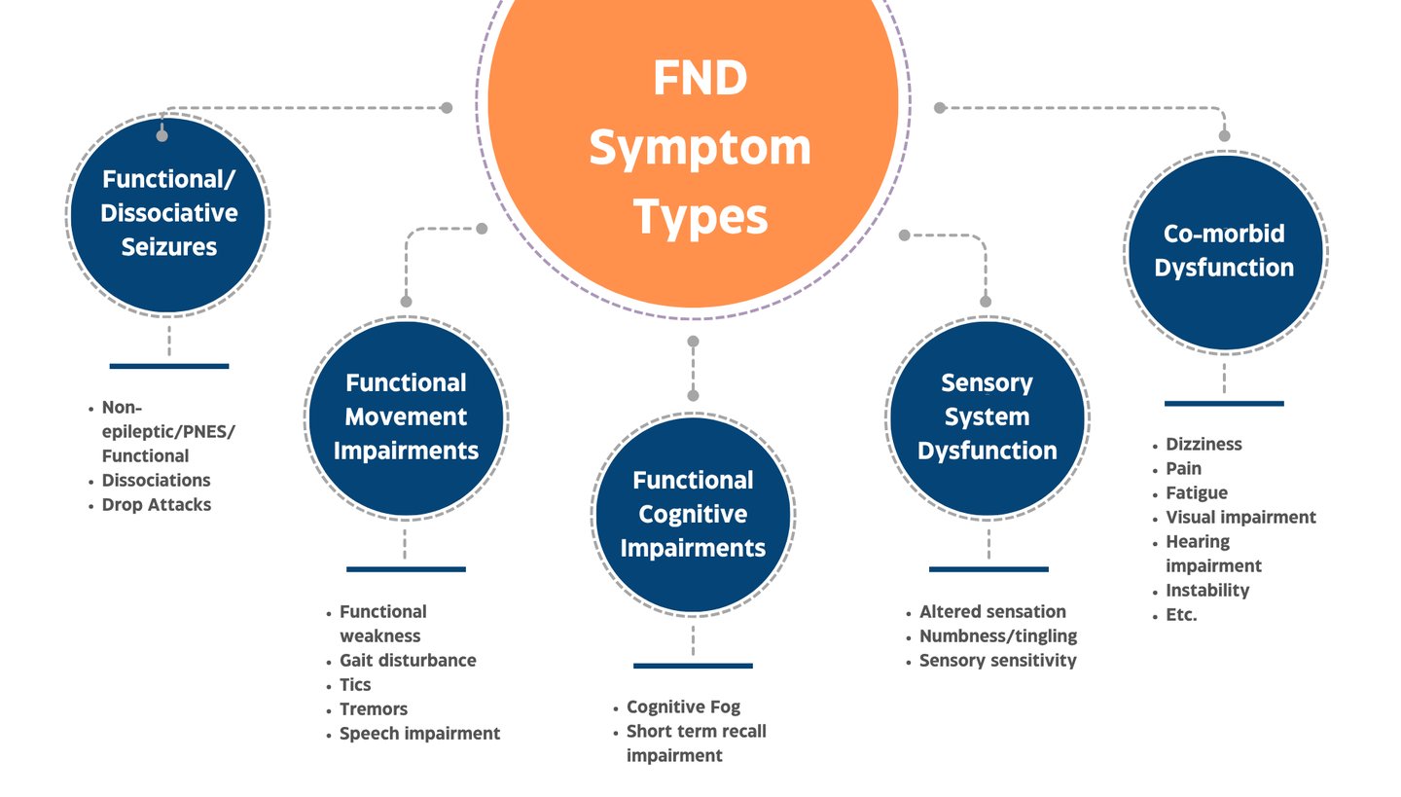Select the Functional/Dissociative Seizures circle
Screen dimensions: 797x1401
(x=168, y=213)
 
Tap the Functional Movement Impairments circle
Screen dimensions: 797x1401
(x=406, y=417)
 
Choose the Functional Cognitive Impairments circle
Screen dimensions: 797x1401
(x=693, y=514)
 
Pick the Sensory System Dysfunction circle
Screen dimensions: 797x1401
(x=988, y=417)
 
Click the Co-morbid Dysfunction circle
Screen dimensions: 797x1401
(x=1224, y=251)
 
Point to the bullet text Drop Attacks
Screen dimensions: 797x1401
(x=156, y=504)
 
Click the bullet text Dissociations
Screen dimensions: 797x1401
(x=156, y=480)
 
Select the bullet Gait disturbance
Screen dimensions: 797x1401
(x=408, y=660)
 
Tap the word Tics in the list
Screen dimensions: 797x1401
(x=355, y=684)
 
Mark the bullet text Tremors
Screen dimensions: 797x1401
(x=374, y=708)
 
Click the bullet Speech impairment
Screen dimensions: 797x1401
(x=419, y=733)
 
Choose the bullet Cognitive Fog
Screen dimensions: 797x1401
(x=683, y=706)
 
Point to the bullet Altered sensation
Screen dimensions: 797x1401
(x=992, y=611)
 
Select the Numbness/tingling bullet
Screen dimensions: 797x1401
(x=998, y=635)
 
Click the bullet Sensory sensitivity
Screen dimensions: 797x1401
(x=998, y=660)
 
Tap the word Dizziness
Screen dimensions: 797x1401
(x=1203, y=444)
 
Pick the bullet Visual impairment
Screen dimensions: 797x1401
(x=1240, y=517)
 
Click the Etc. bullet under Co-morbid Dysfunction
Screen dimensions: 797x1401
(x=1181, y=614)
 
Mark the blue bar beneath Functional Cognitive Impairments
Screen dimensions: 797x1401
(x=693, y=666)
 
